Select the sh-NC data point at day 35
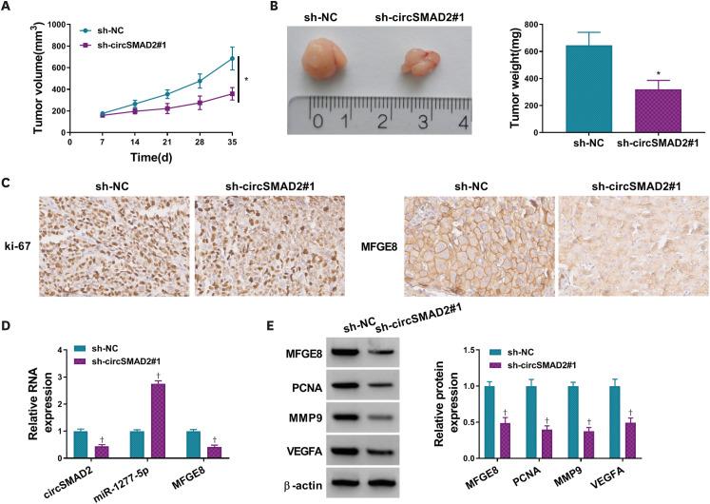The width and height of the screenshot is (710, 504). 231,59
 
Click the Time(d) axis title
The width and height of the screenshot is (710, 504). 150,157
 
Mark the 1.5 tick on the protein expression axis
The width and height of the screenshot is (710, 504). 529,351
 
